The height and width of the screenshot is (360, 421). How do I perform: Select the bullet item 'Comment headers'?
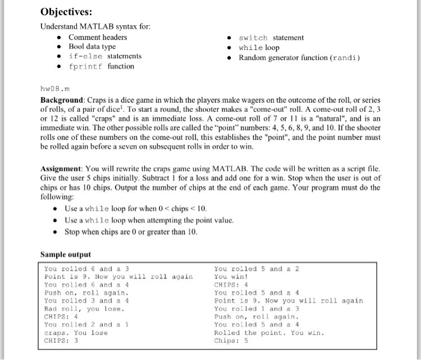point(97,37)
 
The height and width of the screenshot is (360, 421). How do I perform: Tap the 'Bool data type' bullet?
point(92,46)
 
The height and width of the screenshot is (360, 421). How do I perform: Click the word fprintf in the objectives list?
point(85,66)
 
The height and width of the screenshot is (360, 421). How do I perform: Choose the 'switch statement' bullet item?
point(271,37)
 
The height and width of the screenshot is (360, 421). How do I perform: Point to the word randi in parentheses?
point(345,57)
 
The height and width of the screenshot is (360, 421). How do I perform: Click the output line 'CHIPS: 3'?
point(62,340)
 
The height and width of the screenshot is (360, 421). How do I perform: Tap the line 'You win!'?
point(230,277)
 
